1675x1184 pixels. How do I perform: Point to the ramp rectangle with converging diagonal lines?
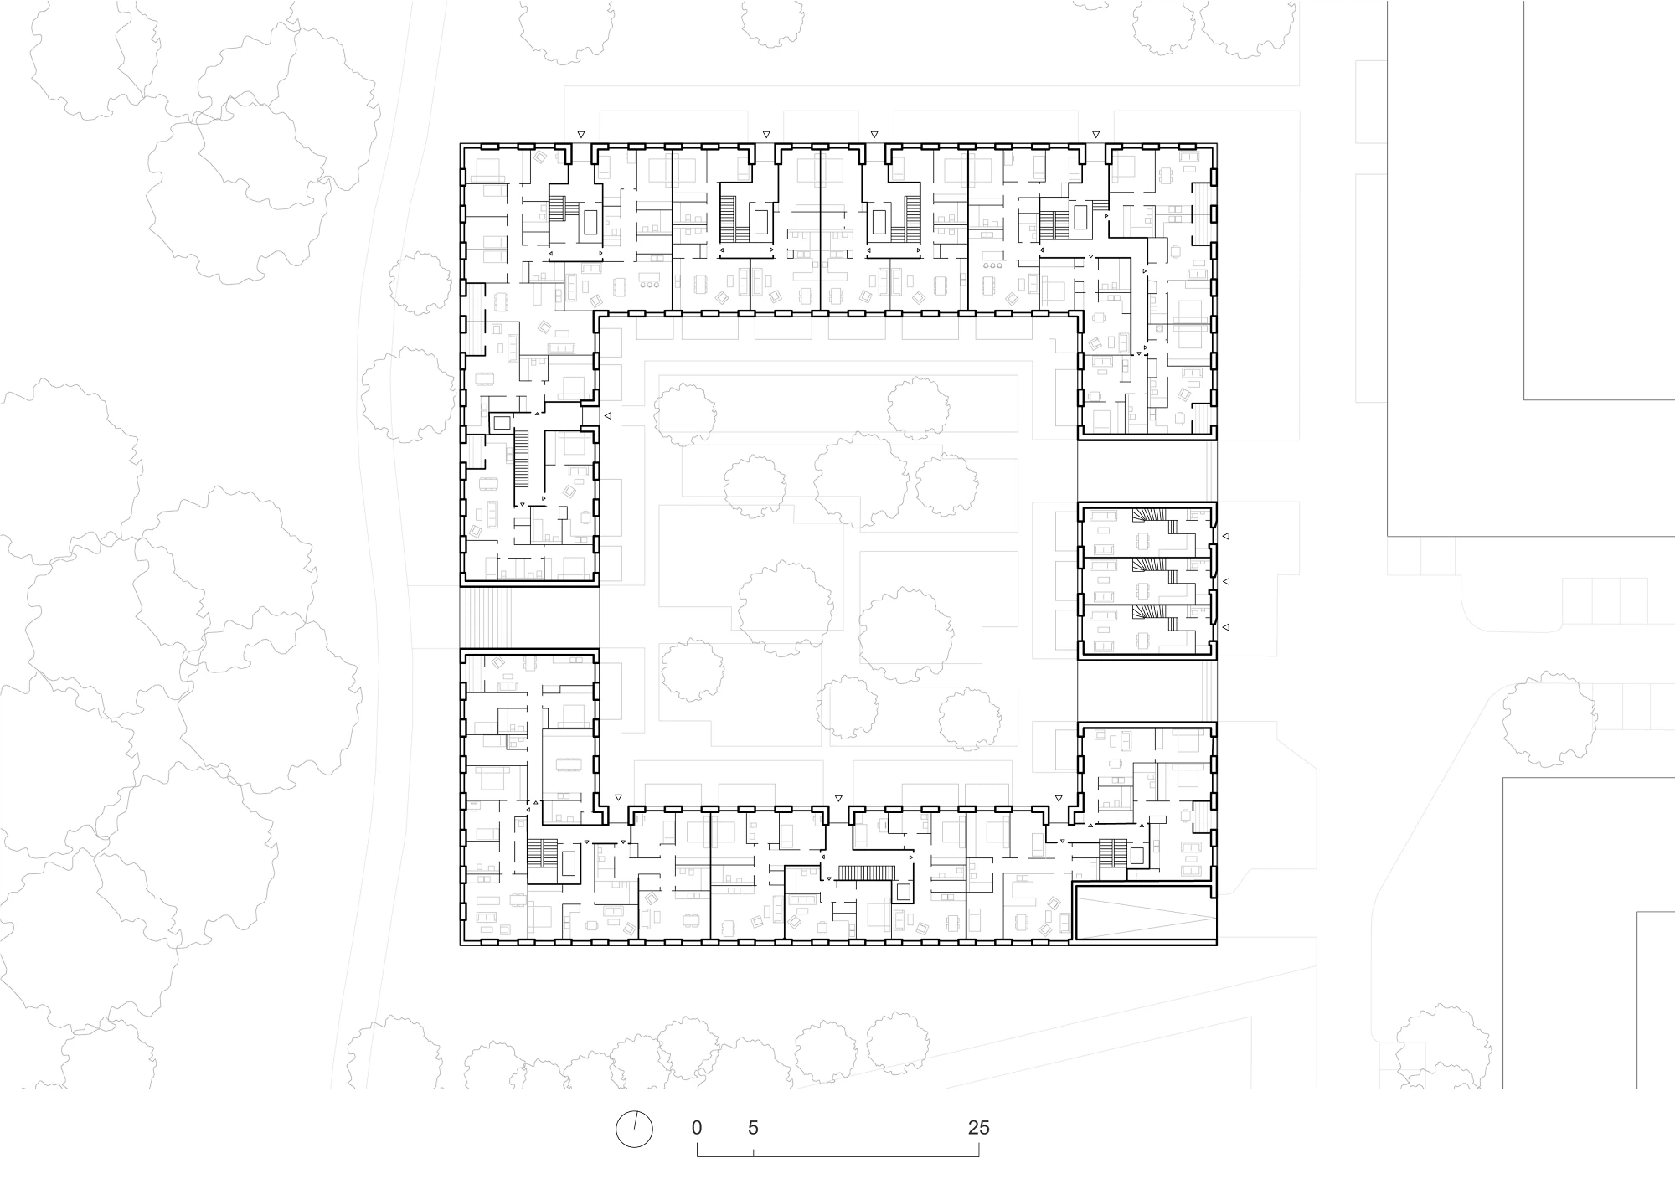point(1144,915)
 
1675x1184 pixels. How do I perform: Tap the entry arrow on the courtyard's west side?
point(608,415)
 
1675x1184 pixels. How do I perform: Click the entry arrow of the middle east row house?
point(1225,581)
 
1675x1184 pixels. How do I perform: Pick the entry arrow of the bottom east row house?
point(1225,627)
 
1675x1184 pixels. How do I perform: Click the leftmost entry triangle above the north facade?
point(580,134)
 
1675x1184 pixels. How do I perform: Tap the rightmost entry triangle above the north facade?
point(1095,134)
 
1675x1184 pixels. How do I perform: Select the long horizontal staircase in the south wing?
point(863,873)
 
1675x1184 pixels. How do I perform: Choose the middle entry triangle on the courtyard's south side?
point(838,798)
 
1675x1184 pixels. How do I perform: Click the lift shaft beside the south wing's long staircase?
point(904,892)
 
